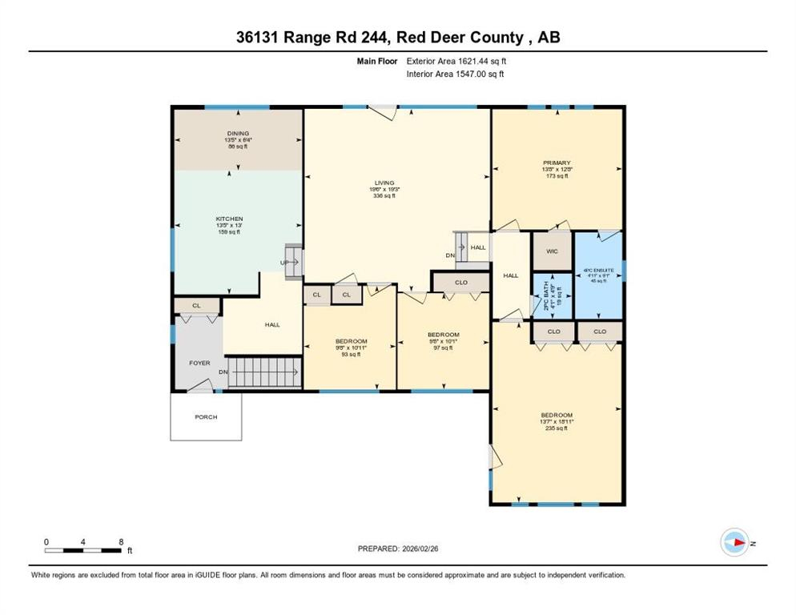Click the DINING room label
coord(237,134)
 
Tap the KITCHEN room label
coord(229,219)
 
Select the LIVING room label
coord(384,183)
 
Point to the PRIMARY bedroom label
coord(556,163)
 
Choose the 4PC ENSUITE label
coord(598,271)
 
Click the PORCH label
coord(206,417)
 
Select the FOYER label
coord(199,363)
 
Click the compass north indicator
coord(734,543)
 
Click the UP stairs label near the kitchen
coord(283,262)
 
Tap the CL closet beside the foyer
coord(197,305)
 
